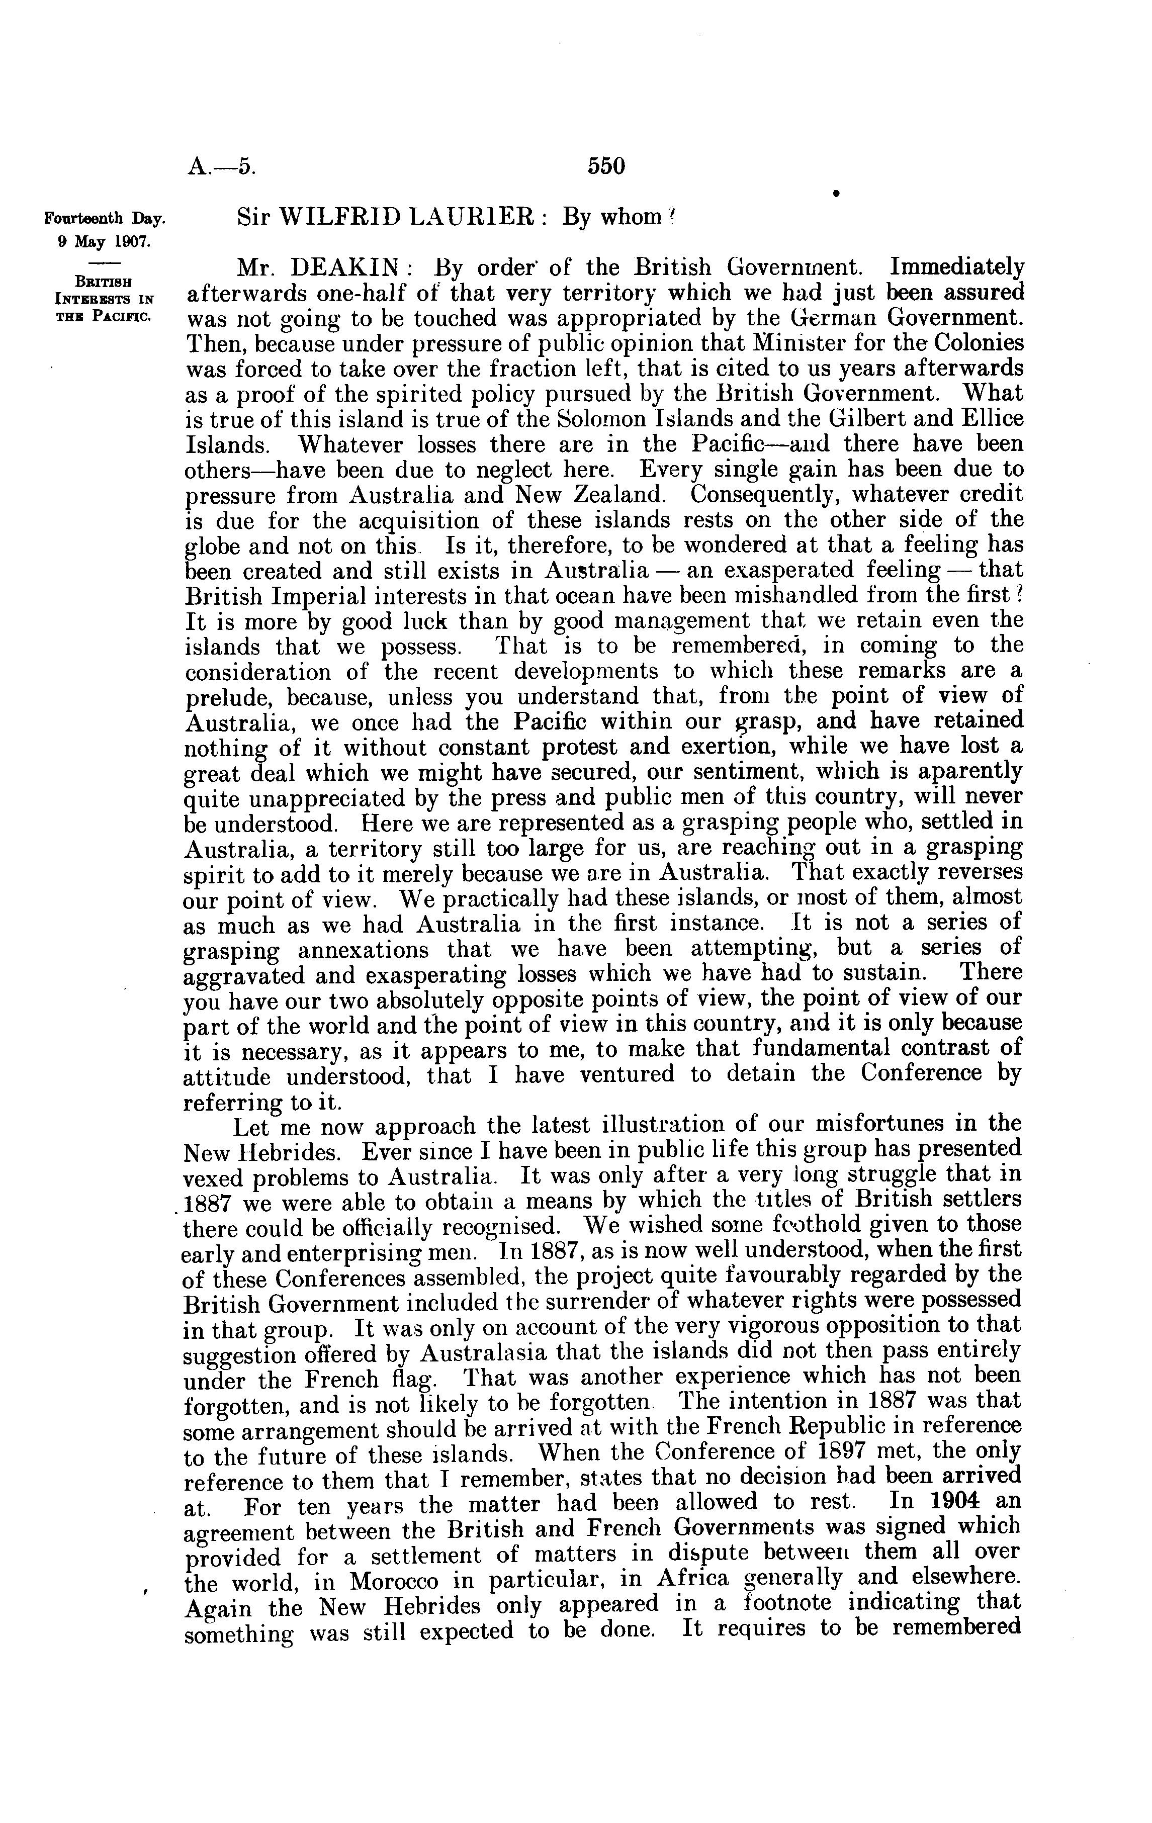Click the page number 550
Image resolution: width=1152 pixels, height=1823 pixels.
(x=606, y=166)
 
